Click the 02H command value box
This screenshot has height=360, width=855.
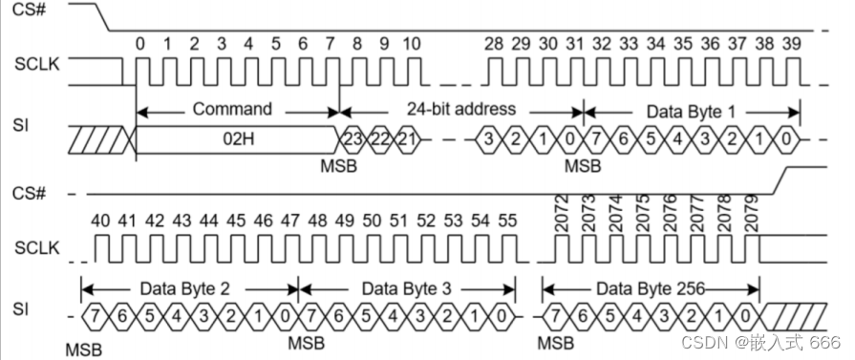[x=237, y=139]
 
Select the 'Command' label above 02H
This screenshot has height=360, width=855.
[x=232, y=109]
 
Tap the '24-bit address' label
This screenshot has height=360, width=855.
[x=461, y=109]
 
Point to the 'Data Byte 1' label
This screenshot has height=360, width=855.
[x=691, y=111]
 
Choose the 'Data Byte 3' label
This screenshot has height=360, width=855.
[x=407, y=286]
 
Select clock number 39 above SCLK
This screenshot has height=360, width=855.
[x=790, y=44]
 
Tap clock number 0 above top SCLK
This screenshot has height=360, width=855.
[x=141, y=44]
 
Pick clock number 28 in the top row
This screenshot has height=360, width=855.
[x=494, y=44]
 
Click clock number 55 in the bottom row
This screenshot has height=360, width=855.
[x=506, y=221]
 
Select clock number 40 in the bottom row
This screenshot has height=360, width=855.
[x=100, y=221]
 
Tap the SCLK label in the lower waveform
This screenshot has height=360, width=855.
[x=36, y=249]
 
